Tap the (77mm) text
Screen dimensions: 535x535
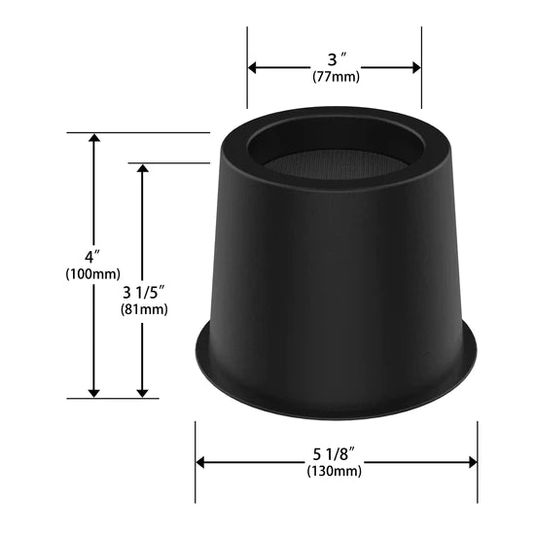point(337,77)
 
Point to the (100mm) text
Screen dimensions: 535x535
point(92,274)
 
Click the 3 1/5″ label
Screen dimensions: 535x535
point(144,293)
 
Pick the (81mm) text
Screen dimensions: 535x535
point(144,309)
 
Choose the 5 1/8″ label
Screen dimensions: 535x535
point(335,454)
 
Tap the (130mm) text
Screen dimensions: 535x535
point(334,471)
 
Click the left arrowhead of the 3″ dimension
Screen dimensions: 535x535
point(252,67)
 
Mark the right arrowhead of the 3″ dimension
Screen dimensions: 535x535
point(416,67)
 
